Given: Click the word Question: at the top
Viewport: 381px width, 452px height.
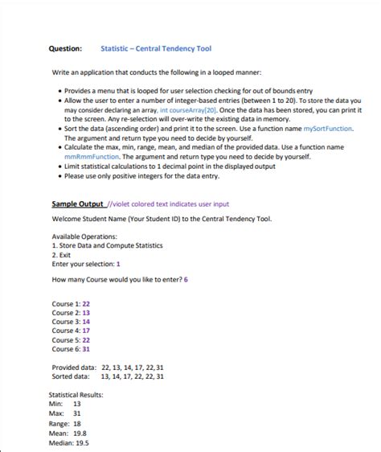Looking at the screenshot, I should pos(68,49).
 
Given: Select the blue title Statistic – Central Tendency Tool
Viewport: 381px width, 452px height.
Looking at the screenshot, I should pos(150,49).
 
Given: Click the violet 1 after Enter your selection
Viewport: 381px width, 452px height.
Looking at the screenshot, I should pos(118,263).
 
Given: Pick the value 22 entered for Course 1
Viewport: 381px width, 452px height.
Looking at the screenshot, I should pos(85,303).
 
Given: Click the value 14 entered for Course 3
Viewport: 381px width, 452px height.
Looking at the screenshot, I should pos(85,321).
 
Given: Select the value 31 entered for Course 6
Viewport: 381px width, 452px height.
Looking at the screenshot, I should pos(85,349).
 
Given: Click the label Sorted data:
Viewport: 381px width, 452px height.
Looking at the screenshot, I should pos(71,376).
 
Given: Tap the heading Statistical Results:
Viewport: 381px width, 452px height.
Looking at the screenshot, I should pos(76,395).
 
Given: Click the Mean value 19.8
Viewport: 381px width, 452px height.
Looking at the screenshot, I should pos(80,433).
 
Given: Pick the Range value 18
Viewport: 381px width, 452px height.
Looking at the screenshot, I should pos(77,423).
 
